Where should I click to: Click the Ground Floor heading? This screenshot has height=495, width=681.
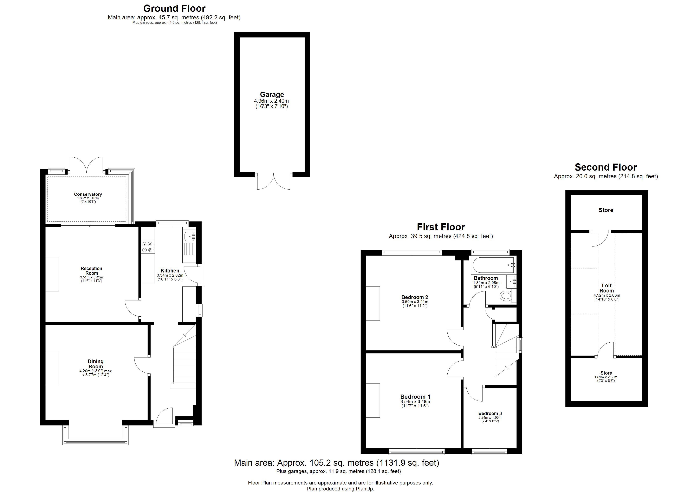click(x=174, y=8)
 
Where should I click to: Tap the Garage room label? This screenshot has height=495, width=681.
click(x=272, y=94)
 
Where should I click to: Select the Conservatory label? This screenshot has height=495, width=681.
click(x=88, y=194)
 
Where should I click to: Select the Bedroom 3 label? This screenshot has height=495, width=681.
click(x=490, y=413)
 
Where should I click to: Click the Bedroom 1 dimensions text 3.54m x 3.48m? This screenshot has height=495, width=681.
click(x=415, y=402)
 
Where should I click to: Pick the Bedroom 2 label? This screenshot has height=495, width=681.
click(x=414, y=297)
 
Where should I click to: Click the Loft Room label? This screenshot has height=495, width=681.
click(x=607, y=288)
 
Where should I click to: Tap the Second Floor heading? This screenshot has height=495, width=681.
click(x=606, y=167)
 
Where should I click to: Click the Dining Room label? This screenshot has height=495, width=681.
click(x=96, y=364)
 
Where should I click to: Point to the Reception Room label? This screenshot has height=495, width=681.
click(x=92, y=271)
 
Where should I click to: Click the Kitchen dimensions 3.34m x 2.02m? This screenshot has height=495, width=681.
click(x=170, y=275)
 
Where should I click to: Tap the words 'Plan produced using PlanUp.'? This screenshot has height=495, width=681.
click(x=340, y=489)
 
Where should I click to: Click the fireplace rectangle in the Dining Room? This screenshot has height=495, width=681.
click(x=52, y=369)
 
